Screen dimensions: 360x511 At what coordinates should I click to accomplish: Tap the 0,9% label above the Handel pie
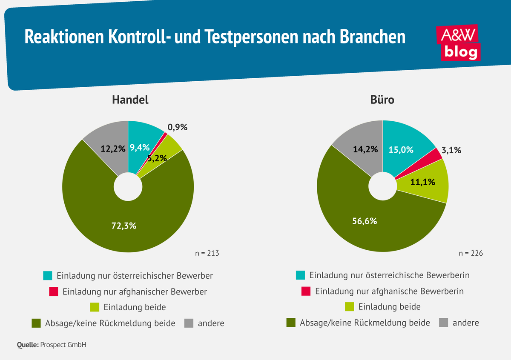coord(177,126)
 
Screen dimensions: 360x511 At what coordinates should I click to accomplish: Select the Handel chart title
coord(130,100)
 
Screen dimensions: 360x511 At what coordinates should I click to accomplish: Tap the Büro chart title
coord(382,100)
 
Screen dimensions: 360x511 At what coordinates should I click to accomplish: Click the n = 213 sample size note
coord(207,253)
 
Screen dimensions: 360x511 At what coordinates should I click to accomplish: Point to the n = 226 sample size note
coord(471,253)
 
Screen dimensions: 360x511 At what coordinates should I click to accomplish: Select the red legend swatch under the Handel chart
coord(54,291)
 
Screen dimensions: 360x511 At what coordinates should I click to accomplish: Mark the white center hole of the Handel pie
coord(128,187)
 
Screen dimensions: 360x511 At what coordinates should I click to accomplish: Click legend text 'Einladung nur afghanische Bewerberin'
coord(389,291)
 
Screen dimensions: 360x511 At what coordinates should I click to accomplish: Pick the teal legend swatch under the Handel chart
coord(48,276)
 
